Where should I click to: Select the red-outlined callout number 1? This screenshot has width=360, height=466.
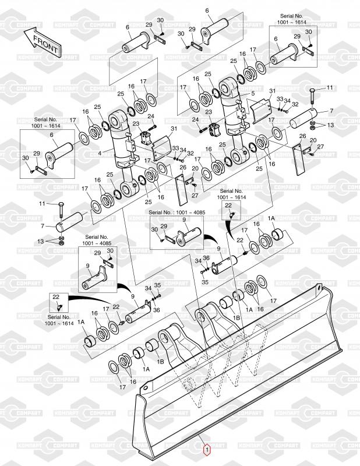click(205, 449)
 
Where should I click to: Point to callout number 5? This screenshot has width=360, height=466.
click(253, 94)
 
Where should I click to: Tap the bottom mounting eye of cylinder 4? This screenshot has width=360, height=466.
click(127, 191)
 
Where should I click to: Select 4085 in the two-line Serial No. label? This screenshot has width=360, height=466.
click(103, 243)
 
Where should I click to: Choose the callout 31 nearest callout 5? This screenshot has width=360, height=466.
click(272, 91)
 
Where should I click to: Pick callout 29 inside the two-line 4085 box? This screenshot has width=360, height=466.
click(97, 253)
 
